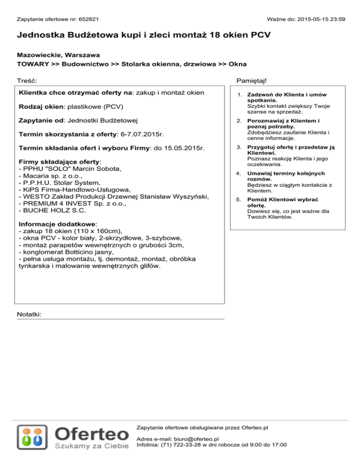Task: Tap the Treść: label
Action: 27,81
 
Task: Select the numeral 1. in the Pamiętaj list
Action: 239,95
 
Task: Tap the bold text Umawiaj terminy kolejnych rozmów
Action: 279,176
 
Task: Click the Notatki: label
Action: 29,314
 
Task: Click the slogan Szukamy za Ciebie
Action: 92,446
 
